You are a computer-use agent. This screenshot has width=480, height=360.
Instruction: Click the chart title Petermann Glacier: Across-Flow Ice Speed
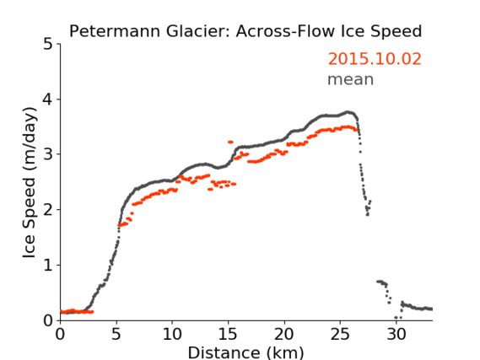[x=245, y=31]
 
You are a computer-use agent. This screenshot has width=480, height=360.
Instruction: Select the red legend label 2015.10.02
[x=375, y=59]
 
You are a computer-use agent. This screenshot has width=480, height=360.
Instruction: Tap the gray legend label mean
[x=351, y=79]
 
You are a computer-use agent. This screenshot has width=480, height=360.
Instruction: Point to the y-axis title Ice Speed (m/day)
[x=30, y=183]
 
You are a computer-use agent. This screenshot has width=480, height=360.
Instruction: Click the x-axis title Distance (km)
[x=245, y=352]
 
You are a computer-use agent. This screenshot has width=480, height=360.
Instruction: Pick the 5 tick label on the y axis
[x=47, y=44]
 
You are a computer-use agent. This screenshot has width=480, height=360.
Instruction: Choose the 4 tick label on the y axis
[x=47, y=99]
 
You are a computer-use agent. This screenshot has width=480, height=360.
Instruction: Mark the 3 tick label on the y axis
[x=47, y=154]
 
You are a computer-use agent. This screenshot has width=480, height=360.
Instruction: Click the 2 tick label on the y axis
[x=47, y=210]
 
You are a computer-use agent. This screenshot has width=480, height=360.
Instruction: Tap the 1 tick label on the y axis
[x=48, y=265]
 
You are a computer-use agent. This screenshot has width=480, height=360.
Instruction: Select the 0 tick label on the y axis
[x=47, y=320]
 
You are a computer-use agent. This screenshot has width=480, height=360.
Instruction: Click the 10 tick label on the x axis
[x=172, y=334]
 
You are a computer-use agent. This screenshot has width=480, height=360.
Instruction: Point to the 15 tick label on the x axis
[x=228, y=334]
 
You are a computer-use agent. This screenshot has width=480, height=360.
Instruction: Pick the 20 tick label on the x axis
[x=284, y=334]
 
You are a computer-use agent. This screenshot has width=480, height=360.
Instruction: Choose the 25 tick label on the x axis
[x=340, y=334]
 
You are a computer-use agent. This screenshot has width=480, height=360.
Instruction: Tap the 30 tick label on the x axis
[x=396, y=334]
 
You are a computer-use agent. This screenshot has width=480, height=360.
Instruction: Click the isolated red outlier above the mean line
[x=230, y=142]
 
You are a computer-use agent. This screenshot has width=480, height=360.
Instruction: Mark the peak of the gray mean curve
[x=348, y=112]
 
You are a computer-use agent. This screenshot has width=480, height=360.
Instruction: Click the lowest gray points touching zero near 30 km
[x=398, y=318]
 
